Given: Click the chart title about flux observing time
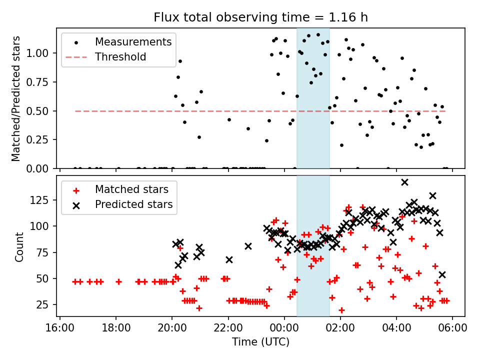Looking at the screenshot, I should pos(260,18).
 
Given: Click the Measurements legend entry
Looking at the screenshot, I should pos(133,41).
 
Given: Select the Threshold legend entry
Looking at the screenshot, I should pos(120,57).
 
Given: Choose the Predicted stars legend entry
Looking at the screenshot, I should pos(134,204).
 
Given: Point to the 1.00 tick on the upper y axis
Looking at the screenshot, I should pos(41,53).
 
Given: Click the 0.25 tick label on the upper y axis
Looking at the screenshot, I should pos(41,139).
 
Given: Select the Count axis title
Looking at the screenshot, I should pos(19,246).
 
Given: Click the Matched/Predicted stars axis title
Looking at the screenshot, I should pos(16,98).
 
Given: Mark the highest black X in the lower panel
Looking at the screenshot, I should pos(404,182).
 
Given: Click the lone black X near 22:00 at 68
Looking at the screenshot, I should pos(229,259).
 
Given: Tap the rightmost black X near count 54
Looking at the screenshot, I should pos(442,274).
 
